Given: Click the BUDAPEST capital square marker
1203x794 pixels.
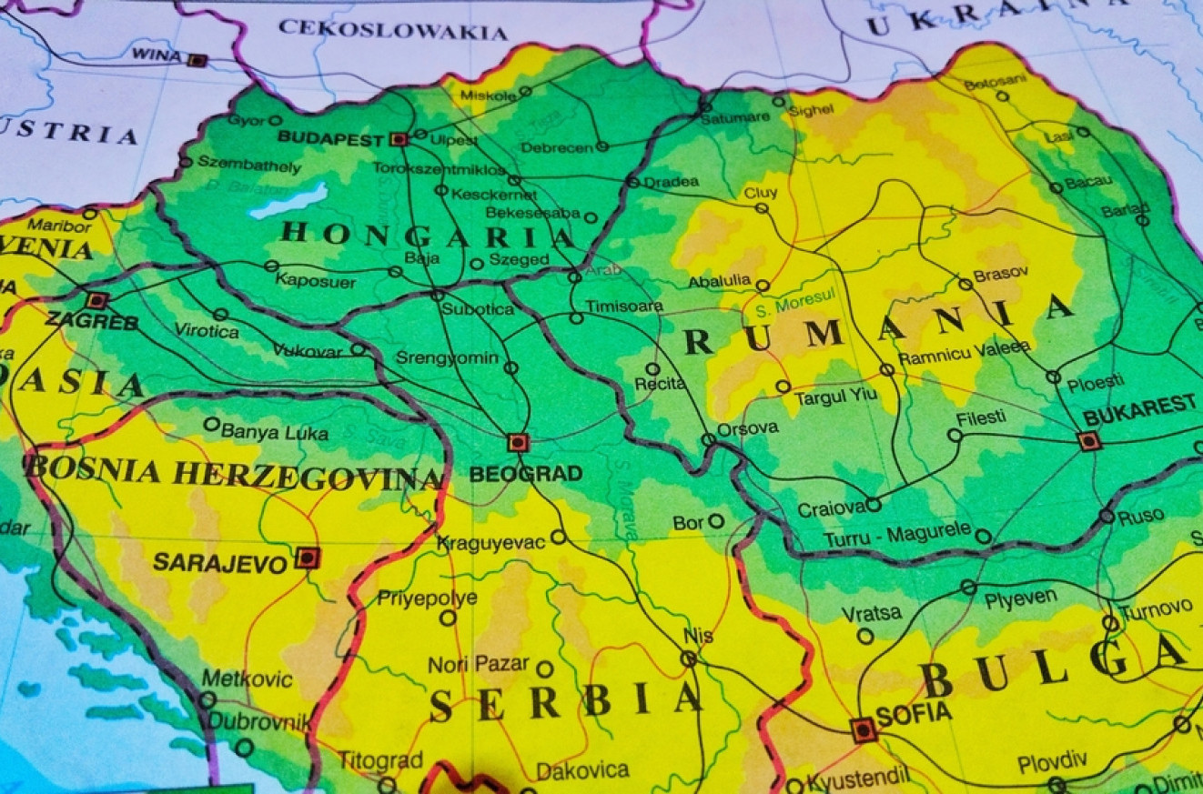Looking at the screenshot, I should [x=398, y=139].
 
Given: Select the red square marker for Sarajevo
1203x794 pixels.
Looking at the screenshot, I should [x=308, y=558].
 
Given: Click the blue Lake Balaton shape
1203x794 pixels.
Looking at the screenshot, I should [x=288, y=200].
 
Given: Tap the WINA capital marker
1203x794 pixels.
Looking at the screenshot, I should [x=197, y=60].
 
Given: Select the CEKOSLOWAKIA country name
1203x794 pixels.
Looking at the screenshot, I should [x=392, y=30].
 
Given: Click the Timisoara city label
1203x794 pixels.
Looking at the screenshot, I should [x=624, y=307].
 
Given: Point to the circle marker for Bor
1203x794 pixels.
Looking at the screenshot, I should [x=716, y=521].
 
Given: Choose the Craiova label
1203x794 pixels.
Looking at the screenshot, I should [x=829, y=509].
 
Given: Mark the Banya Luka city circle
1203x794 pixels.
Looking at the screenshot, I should [x=212, y=424].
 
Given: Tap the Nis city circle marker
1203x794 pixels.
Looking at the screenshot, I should [x=689, y=658].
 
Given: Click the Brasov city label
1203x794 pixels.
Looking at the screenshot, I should [x=1000, y=274].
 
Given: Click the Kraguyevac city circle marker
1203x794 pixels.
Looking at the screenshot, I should [x=558, y=537].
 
